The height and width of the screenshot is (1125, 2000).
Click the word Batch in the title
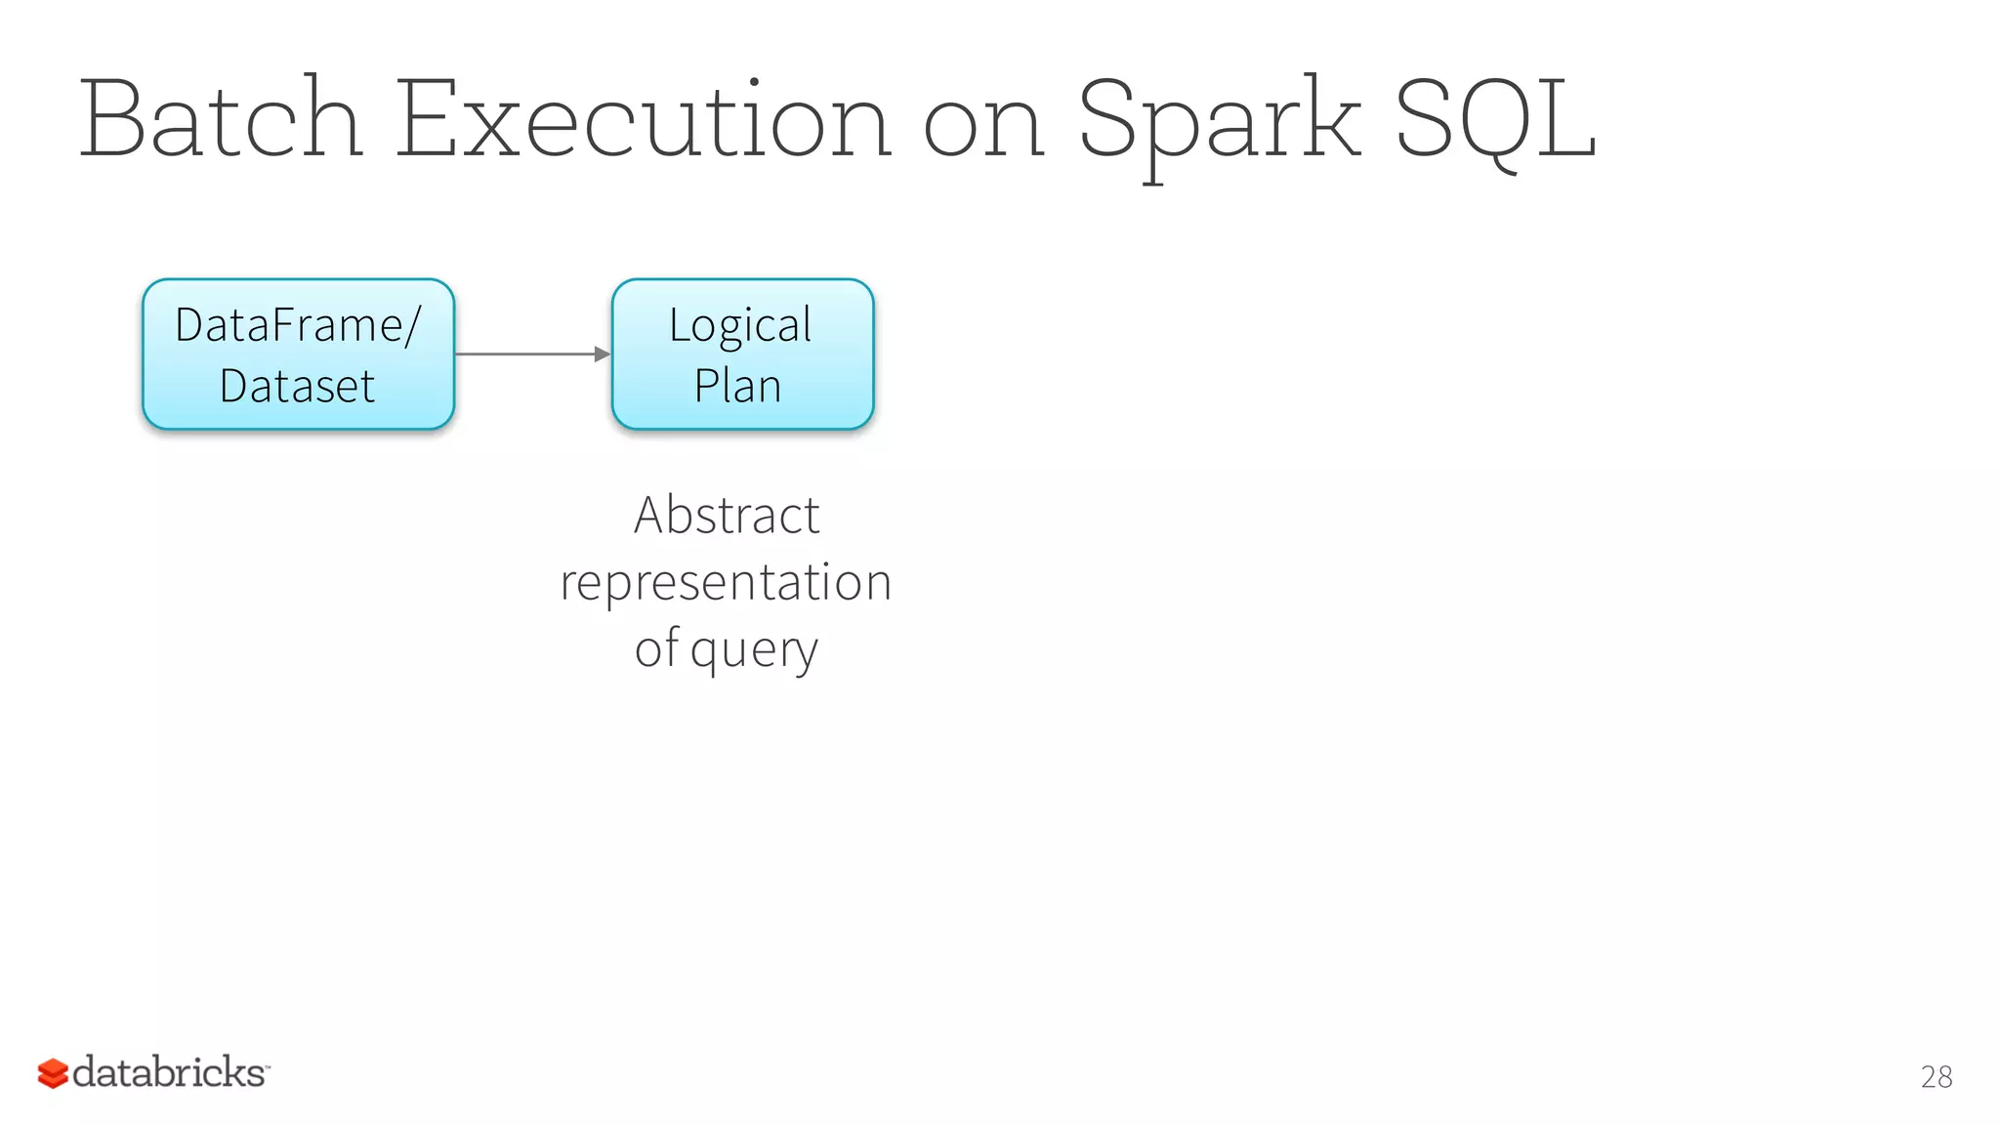click(x=221, y=119)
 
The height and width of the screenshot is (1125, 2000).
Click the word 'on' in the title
click(x=983, y=127)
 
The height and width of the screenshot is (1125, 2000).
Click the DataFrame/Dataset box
click(x=298, y=354)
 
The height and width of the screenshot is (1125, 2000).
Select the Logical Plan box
click(x=742, y=354)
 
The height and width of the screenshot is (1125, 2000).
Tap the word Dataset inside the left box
click(x=297, y=386)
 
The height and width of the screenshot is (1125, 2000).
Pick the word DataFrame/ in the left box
click(x=298, y=324)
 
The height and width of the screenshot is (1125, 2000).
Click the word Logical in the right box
click(x=740, y=326)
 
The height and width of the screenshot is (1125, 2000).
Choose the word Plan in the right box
click(x=737, y=386)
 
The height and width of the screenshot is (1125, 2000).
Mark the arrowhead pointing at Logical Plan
click(x=602, y=354)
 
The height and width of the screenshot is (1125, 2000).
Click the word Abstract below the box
click(x=727, y=515)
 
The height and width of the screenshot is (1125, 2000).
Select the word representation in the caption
click(x=726, y=582)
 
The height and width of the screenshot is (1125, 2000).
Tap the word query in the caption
click(x=754, y=650)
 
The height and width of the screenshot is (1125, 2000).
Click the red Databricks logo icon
click(x=53, y=1073)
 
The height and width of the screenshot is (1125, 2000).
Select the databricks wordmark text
click(x=169, y=1072)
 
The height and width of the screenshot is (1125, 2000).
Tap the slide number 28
click(x=1936, y=1076)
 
